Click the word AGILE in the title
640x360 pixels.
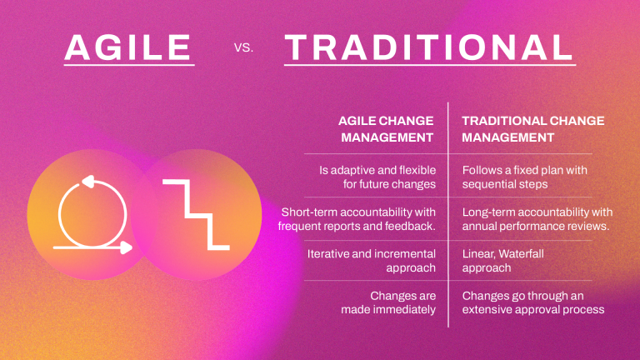coord(129,48)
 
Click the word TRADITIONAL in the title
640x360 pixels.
coord(428,48)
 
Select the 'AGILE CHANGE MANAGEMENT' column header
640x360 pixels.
coord(386,128)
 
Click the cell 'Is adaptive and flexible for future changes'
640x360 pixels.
coord(377,176)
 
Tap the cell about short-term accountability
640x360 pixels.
coord(357,219)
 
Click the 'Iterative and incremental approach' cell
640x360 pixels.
coord(372,261)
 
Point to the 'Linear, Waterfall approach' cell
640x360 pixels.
coord(502,261)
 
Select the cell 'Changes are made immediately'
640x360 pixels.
coord(388,302)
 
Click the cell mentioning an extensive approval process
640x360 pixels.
coord(532,302)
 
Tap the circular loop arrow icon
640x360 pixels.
coord(91,212)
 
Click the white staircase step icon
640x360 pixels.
coord(195,213)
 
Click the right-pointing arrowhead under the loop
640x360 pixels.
coord(126,247)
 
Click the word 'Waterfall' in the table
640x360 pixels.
coord(521,253)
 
